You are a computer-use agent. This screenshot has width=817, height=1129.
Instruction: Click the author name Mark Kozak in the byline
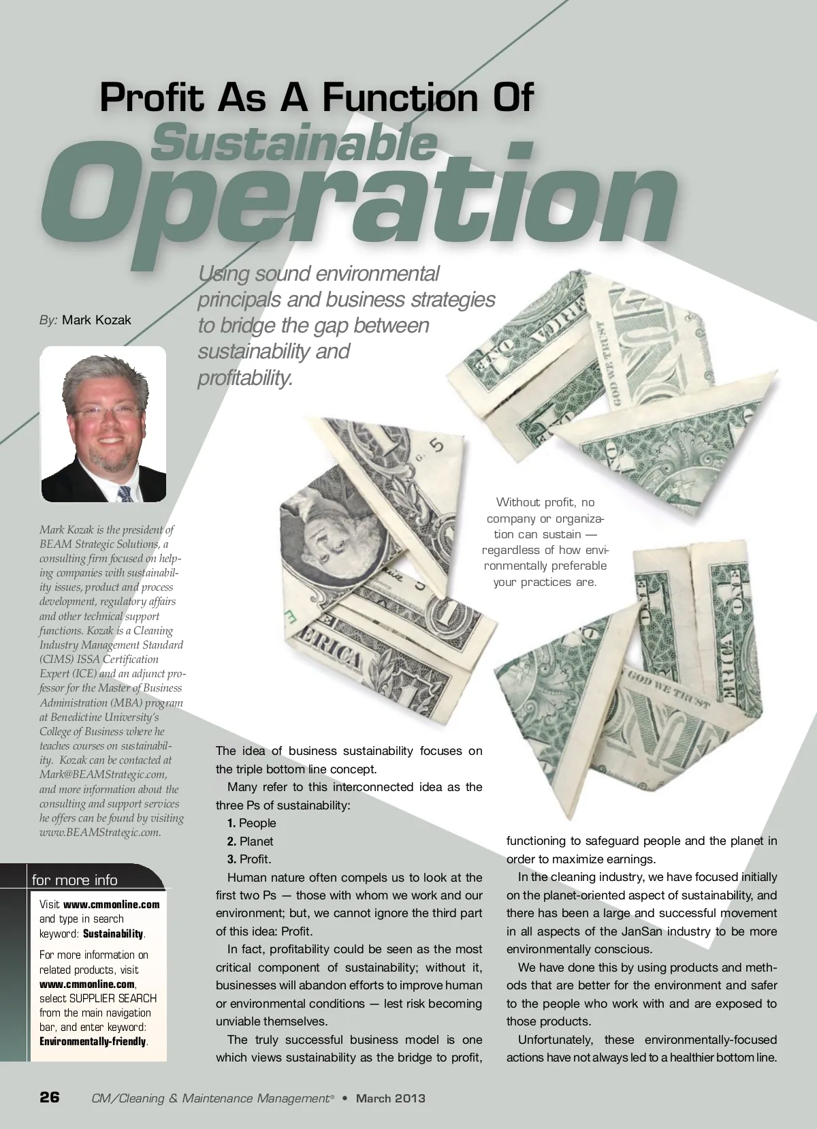click(96, 320)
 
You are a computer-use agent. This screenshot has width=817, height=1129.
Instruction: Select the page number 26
click(50, 1097)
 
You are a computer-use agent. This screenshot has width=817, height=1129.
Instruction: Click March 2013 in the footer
click(391, 1098)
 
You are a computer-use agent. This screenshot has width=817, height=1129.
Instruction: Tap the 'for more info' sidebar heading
click(74, 880)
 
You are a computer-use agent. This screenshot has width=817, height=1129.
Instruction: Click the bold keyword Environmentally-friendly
click(93, 1042)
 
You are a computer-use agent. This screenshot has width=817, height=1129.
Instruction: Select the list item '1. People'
click(252, 823)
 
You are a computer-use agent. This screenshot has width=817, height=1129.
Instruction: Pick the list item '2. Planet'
click(251, 841)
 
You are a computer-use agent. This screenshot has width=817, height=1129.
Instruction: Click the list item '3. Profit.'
click(249, 859)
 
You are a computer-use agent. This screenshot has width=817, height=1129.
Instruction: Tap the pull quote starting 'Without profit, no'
click(545, 542)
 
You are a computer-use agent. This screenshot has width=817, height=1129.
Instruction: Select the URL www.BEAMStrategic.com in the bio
click(100, 833)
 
